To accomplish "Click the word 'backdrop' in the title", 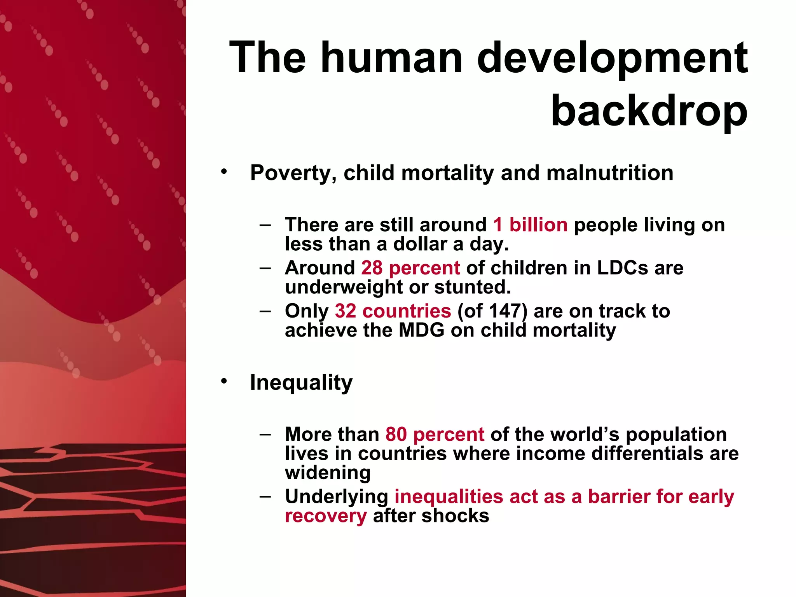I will (649, 111).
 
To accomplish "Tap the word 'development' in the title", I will (612, 58).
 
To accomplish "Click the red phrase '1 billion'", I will (530, 225).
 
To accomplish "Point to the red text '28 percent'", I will (410, 268).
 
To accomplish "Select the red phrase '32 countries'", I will (393, 311).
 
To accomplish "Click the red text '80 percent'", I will (435, 435).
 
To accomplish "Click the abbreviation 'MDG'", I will (421, 330).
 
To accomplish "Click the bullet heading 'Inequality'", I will (301, 382).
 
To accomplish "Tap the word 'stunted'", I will (472, 287).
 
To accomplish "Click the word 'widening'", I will (328, 473).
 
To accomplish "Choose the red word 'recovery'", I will (326, 516).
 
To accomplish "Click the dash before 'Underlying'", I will (265, 496).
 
